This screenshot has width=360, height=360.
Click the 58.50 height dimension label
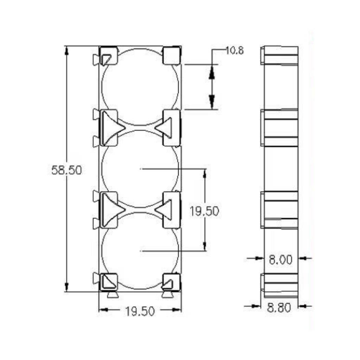pos(66,170)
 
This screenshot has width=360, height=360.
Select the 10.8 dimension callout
pos(234,51)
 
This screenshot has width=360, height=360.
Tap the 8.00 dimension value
pos(280,260)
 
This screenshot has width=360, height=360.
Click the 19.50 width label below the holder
pos(140,311)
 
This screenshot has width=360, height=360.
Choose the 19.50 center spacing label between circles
pos(204,211)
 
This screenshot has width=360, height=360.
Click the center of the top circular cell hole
pos(140,87)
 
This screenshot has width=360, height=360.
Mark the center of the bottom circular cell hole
pos(140,251)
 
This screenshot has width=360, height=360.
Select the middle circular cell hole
pos(140,169)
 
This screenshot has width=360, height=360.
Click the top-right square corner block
pos(171,55)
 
